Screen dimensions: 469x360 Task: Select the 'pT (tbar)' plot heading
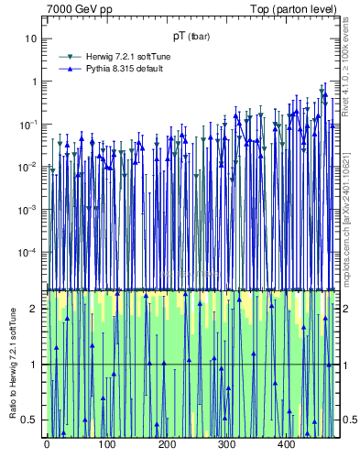tap(190, 38)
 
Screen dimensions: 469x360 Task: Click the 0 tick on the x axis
tap(46, 444)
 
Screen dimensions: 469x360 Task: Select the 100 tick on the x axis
tap(106, 444)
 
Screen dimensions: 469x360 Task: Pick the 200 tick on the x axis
tap(167, 444)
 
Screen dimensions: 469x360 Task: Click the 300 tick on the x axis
tap(227, 444)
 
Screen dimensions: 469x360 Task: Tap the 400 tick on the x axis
tap(288, 444)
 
